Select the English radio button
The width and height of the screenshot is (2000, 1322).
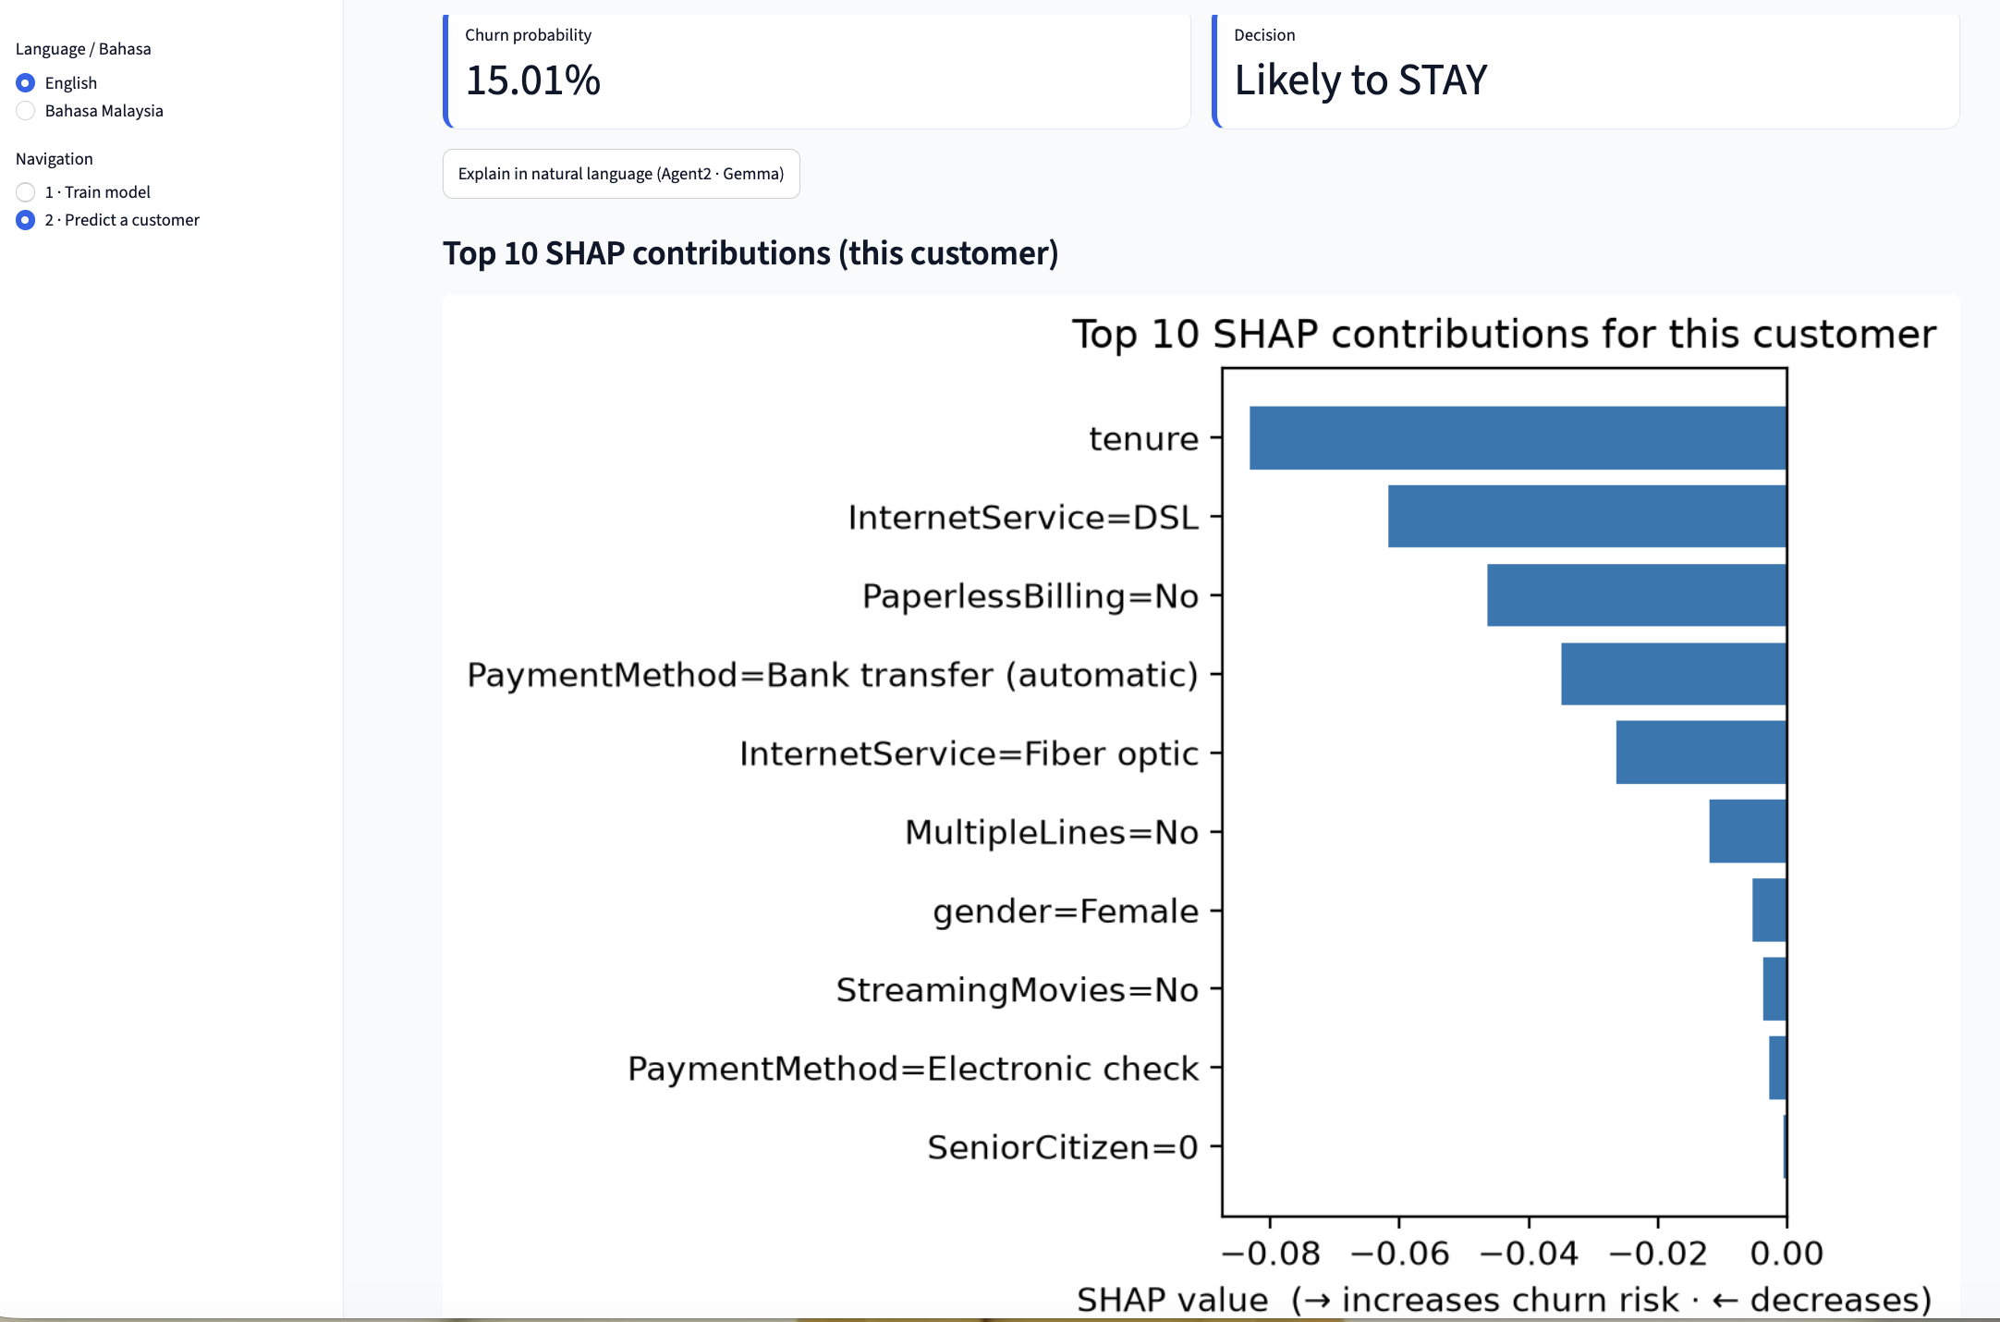26,83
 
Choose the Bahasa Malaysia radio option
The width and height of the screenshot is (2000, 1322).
26,111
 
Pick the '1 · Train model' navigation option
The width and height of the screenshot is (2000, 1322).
26,192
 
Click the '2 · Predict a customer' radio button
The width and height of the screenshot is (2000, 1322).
26,220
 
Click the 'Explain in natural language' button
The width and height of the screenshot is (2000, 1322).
621,174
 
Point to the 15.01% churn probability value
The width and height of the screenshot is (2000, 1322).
533,80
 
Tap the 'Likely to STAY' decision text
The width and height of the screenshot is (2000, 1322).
1360,80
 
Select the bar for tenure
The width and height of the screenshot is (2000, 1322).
1518,438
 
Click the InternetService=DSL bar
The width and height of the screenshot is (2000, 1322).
1587,517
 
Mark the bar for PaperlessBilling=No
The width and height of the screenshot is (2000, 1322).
1637,595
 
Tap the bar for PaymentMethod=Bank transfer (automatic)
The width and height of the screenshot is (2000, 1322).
1674,674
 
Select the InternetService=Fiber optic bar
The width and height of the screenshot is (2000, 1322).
1701,753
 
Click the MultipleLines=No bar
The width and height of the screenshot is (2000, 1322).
1748,831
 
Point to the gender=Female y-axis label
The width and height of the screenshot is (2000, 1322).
1066,912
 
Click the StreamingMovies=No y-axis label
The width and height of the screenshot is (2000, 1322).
1018,990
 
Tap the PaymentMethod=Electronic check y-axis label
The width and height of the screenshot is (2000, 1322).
913,1069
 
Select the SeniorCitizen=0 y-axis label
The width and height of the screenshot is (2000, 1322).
1063,1147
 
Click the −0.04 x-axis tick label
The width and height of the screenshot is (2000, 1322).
1529,1254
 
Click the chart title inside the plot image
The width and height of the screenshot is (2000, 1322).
1504,334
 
